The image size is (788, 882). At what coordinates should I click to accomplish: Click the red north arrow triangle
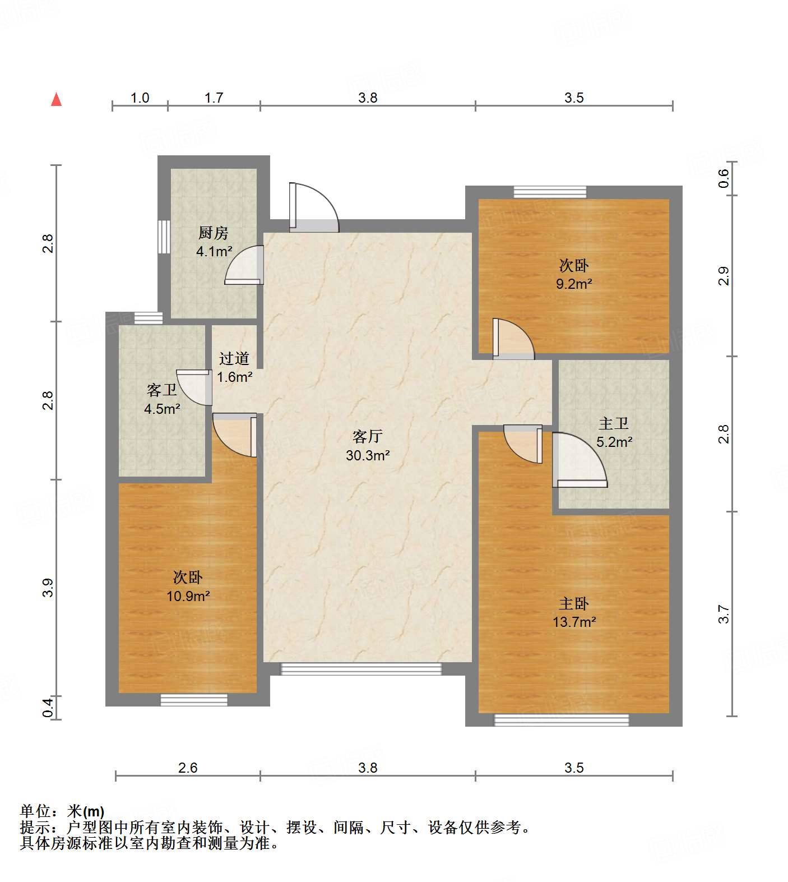(56, 100)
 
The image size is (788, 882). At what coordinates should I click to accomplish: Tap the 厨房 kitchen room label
(214, 241)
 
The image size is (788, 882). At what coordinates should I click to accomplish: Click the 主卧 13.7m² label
(574, 612)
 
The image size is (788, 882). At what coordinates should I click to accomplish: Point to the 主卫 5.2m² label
(614, 432)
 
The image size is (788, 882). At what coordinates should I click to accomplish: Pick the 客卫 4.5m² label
(162, 399)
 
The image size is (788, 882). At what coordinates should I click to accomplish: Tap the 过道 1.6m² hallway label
(234, 367)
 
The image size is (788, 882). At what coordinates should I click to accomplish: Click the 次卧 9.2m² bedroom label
(574, 274)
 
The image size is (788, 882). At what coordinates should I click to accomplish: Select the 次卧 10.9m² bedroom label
(188, 587)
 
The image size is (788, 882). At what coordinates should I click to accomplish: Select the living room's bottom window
(361, 668)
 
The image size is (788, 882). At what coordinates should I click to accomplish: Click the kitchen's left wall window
(164, 237)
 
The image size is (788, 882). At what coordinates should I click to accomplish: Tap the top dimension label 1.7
(214, 98)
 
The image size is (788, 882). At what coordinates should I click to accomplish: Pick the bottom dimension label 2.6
(188, 768)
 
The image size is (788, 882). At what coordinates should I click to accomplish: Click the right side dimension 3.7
(724, 613)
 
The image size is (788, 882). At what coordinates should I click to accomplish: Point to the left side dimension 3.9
(48, 587)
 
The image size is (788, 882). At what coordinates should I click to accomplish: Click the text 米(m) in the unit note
(86, 811)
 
